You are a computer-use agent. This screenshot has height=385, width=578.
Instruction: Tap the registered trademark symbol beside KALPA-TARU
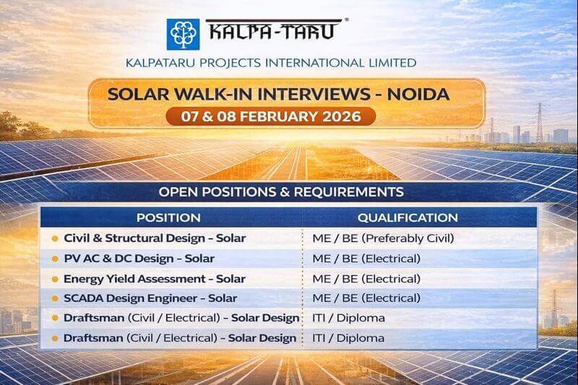(348, 21)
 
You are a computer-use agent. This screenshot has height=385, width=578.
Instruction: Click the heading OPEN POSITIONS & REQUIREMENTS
(281, 192)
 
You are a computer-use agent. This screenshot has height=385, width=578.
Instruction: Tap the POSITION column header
(168, 217)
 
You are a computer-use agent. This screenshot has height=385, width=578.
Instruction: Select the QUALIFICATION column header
(407, 217)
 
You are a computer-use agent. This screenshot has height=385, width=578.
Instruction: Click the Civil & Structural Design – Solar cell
(155, 238)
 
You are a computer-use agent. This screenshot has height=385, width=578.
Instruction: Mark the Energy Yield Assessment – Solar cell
(155, 278)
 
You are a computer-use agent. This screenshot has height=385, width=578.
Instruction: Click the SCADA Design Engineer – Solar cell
(150, 298)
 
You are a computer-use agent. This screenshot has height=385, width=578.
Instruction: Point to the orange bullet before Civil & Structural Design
(55, 238)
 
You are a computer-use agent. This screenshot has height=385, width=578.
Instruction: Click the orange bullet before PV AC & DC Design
(55, 259)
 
